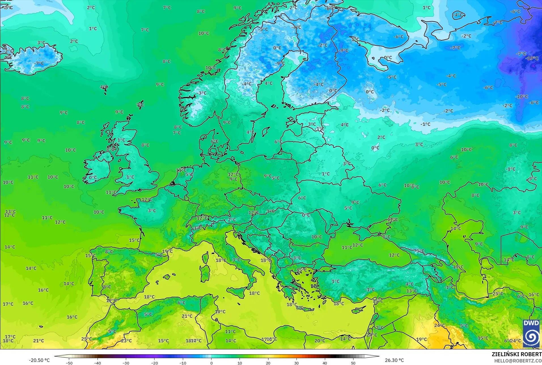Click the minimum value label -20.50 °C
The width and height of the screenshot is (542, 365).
(x=39, y=360)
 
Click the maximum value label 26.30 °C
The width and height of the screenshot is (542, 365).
(x=394, y=360)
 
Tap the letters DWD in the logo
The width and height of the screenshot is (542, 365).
(x=531, y=323)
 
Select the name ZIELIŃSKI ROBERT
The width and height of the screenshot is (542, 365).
(x=516, y=354)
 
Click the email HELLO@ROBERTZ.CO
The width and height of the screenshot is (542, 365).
(x=518, y=361)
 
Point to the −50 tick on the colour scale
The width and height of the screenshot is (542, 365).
(x=69, y=363)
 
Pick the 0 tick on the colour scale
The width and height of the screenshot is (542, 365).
(x=211, y=363)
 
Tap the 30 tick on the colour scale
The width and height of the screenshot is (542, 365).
(x=297, y=363)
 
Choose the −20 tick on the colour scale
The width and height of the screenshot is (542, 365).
(x=154, y=363)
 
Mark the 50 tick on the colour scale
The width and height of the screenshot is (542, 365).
(x=353, y=363)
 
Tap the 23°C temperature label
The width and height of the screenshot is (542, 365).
(x=126, y=341)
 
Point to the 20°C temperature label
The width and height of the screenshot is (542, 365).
(x=320, y=341)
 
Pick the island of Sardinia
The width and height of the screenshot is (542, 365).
(x=205, y=272)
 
